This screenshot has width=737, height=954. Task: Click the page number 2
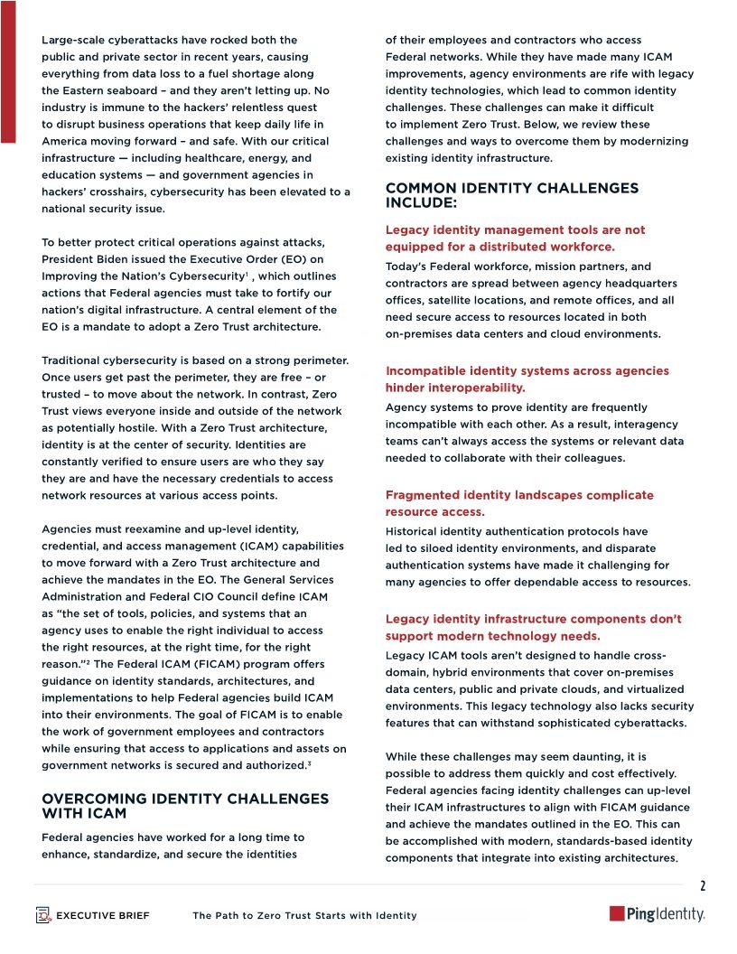pos(703,885)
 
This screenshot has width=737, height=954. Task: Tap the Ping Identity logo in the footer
pos(658,914)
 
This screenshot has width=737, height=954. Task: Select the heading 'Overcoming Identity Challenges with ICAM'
pos(185,806)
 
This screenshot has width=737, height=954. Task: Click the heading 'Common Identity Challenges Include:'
pos(511,195)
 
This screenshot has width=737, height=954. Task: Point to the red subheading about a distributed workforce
pos(515,238)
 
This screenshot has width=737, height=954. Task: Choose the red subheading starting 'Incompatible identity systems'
pos(527,379)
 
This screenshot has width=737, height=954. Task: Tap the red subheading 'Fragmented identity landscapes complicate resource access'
pos(519,503)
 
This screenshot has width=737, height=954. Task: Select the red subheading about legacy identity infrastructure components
pos(533,627)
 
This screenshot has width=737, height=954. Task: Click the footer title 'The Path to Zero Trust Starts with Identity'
pos(304,916)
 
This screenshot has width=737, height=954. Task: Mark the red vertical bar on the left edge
pos(7,72)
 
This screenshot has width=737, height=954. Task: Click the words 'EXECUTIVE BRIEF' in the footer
pos(103,916)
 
